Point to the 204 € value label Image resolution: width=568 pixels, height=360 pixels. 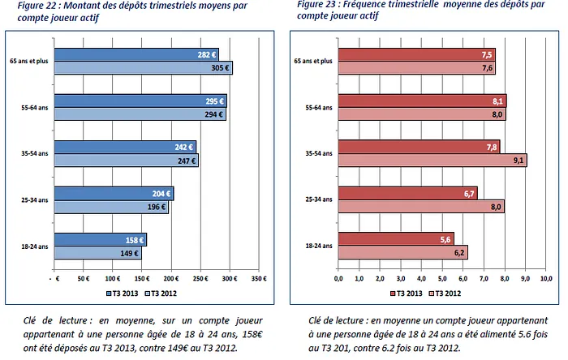tap(161, 194)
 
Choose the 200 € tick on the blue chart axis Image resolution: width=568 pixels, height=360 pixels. tap(170, 278)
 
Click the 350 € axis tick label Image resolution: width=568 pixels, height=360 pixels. tap(258, 278)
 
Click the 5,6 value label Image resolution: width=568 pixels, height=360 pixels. tap(444, 240)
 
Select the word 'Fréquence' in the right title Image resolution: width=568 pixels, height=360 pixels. tap(369, 4)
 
